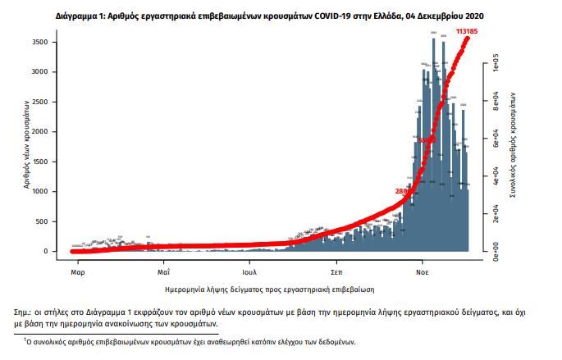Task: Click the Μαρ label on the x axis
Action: tap(78, 270)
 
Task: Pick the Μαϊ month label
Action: tap(164, 270)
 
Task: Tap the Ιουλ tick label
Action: tap(250, 270)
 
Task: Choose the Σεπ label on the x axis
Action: tap(336, 270)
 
